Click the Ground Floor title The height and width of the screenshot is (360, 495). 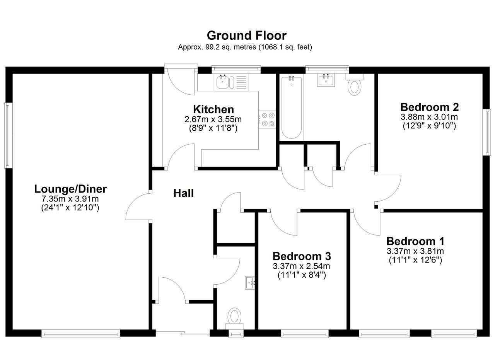247,36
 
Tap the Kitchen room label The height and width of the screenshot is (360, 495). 213,109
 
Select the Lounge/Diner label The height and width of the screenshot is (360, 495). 70,189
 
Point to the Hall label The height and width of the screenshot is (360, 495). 183,193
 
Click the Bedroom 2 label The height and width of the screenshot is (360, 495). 429,107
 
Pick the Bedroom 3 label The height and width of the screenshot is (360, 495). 302,256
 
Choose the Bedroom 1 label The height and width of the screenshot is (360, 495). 415,241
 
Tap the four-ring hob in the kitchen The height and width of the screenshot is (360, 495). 267,119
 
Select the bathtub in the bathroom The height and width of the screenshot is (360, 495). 292,107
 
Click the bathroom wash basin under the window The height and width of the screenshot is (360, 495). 326,80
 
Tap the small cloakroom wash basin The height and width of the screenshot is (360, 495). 250,283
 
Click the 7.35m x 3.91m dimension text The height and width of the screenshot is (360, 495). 70,199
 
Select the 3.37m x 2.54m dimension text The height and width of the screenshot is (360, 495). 301,266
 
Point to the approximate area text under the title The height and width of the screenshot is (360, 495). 245,47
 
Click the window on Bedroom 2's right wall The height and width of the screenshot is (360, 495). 486,132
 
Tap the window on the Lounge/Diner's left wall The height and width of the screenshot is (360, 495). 8,135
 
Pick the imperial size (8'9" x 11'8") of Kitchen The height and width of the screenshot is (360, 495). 213,128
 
